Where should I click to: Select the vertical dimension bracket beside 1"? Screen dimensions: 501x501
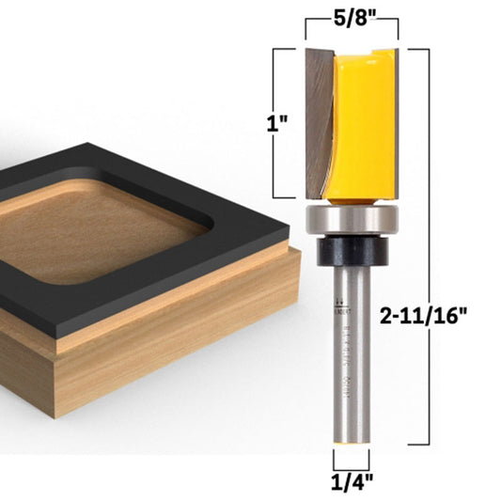(x=274, y=122)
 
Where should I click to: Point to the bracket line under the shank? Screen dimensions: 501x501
(x=350, y=463)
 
